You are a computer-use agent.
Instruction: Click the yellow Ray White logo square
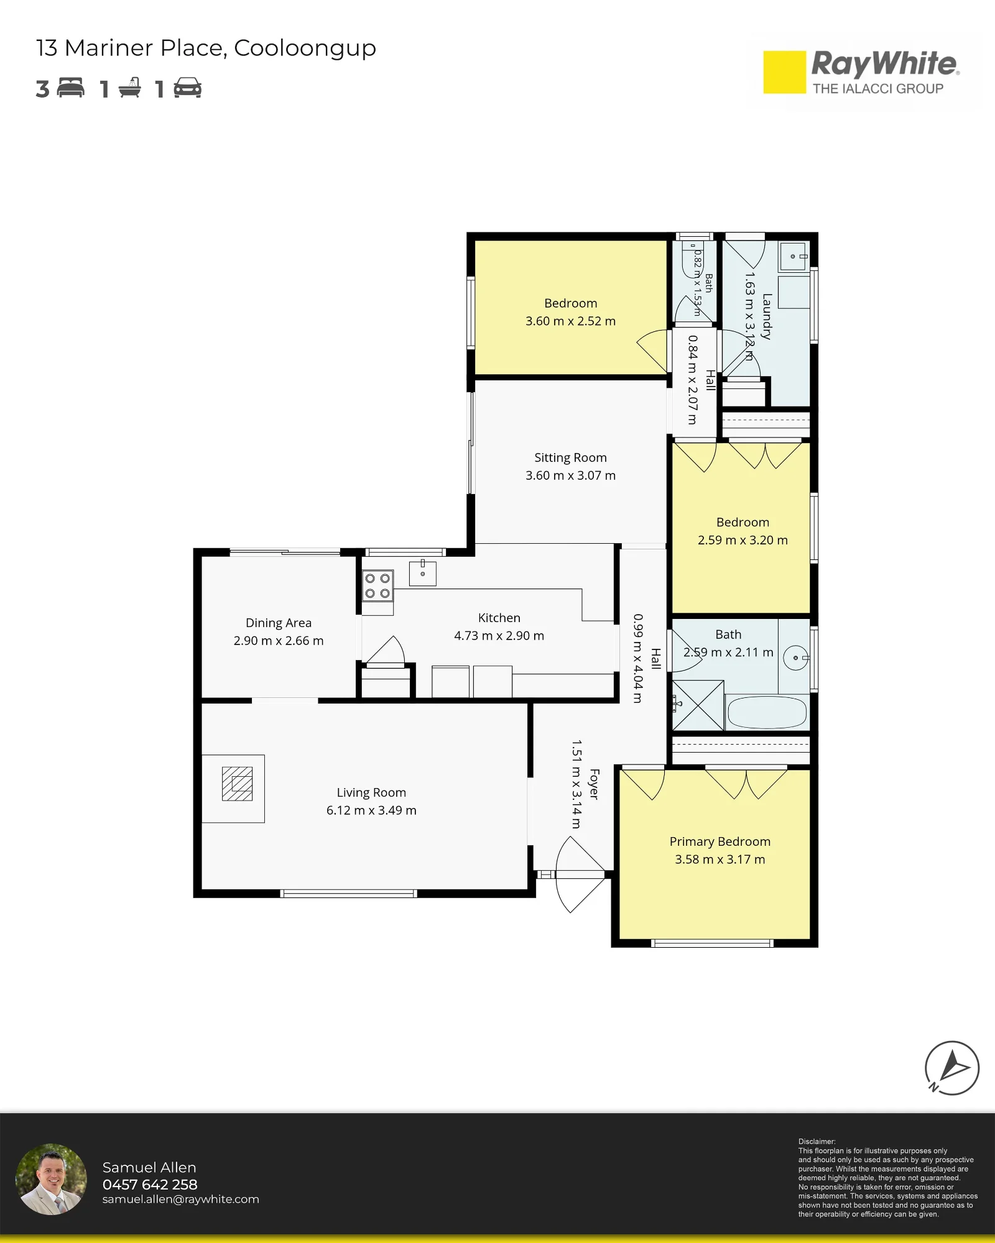point(784,72)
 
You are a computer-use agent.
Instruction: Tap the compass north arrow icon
point(951,1068)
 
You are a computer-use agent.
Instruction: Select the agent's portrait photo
point(51,1179)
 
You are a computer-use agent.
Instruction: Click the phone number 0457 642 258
point(150,1185)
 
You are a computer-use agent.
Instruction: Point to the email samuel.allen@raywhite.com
point(180,1199)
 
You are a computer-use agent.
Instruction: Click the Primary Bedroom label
point(720,842)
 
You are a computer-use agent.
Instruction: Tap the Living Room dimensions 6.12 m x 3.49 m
point(371,810)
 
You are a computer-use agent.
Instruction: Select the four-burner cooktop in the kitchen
point(377,586)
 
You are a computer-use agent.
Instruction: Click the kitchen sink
point(423,573)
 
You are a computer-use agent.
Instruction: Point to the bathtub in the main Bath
point(767,712)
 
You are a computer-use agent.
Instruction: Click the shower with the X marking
point(698,705)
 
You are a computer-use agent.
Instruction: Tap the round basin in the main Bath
point(796,658)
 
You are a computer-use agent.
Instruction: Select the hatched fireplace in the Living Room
point(238,784)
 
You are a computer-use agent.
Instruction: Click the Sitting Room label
point(570,457)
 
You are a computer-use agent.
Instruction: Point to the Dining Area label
point(279,623)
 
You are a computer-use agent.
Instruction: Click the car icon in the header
point(188,88)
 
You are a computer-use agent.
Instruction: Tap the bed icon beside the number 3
point(71,88)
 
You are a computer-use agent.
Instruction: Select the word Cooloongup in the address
point(305,48)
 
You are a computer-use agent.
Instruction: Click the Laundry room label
point(767,316)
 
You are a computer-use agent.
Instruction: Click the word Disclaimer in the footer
point(817,1142)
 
